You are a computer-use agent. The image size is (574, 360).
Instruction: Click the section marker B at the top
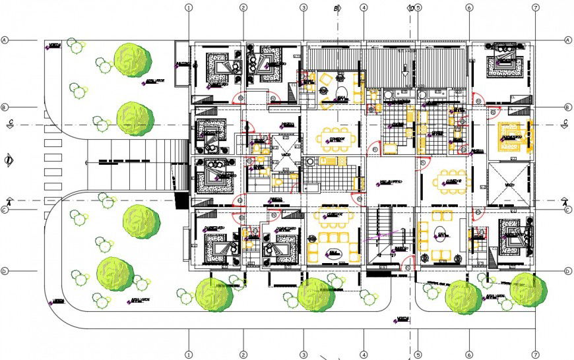(x=336, y=9)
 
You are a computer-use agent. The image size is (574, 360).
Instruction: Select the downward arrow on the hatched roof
(x=404, y=67)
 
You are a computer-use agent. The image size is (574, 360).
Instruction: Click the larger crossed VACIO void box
(x=509, y=183)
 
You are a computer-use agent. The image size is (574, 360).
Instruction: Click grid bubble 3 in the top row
(x=303, y=8)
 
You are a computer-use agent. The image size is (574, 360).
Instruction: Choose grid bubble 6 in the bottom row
(x=469, y=355)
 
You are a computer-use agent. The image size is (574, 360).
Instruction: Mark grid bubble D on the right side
(x=567, y=271)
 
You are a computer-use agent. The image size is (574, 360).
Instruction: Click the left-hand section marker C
(x=10, y=123)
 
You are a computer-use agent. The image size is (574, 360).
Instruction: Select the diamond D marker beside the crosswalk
(x=8, y=160)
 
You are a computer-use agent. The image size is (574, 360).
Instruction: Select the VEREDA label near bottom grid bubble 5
(x=402, y=319)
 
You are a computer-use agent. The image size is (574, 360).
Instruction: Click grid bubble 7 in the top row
(x=535, y=8)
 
